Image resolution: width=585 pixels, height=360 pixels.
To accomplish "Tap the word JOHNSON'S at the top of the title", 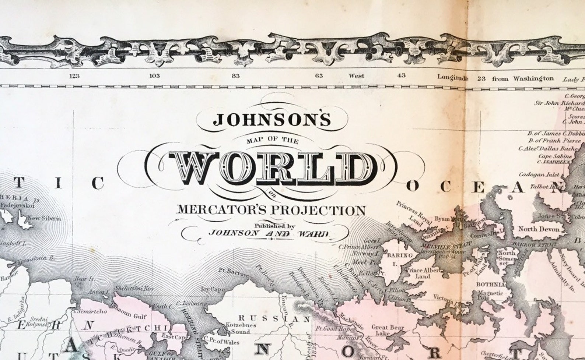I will (x=272, y=119).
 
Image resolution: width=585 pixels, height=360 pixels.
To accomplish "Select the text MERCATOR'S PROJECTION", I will (x=271, y=210).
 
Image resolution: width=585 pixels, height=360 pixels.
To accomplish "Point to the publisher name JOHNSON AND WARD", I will (x=268, y=233).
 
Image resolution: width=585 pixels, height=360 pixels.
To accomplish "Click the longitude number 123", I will (x=74, y=76).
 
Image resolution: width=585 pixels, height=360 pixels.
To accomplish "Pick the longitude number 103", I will (x=154, y=76).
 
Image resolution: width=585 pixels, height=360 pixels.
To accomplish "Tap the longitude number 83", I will (x=236, y=76).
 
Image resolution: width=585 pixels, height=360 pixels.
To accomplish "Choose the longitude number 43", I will (x=402, y=75).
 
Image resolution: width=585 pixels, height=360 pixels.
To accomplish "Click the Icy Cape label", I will (x=213, y=289).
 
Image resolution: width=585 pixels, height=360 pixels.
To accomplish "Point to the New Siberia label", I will (x=45, y=218).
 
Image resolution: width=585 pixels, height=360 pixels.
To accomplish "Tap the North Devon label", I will (x=539, y=229).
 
